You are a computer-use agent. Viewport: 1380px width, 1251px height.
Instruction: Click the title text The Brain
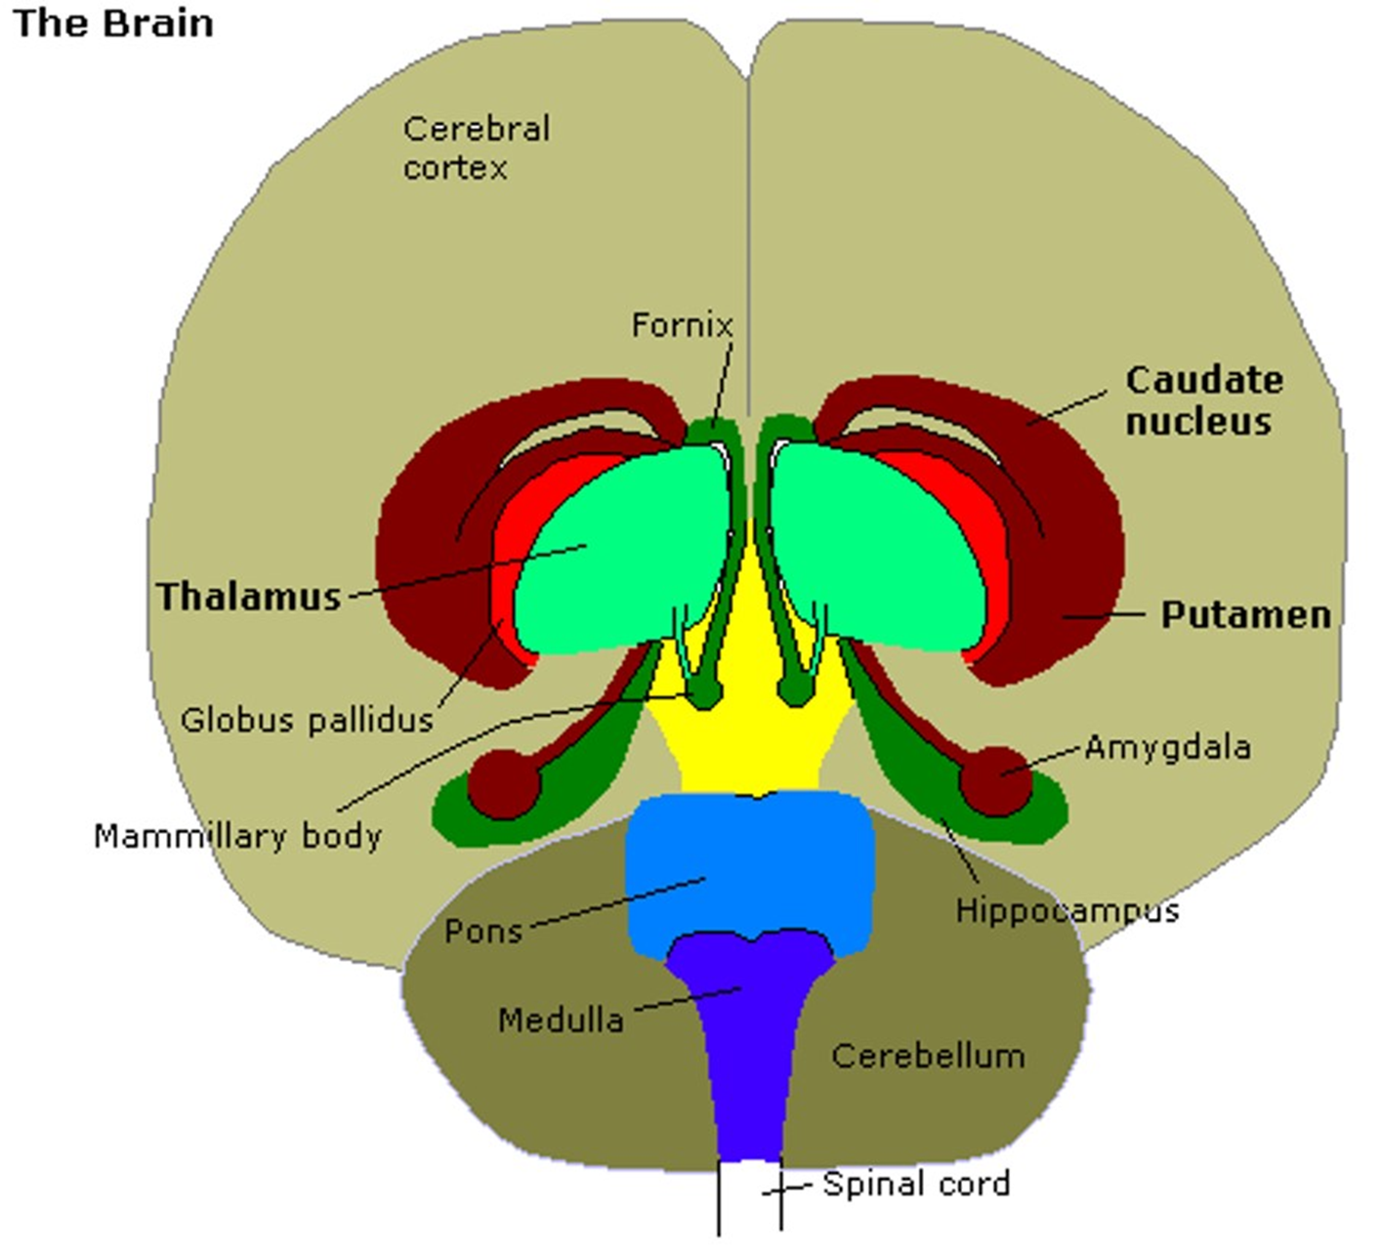coord(113,23)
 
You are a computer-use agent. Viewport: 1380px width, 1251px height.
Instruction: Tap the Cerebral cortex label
coord(477,147)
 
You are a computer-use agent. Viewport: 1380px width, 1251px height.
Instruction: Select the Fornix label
coord(682,325)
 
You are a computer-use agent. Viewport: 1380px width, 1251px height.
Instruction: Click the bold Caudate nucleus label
coord(1203,400)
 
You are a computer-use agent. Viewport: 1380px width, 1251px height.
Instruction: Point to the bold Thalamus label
coord(249,597)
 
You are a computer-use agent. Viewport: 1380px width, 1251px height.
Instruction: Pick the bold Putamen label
coord(1245,615)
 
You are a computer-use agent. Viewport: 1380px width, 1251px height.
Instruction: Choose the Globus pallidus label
coord(307,721)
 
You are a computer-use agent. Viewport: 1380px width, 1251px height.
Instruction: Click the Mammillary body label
coord(237,836)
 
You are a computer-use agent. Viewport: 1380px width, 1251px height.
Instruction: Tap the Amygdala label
coord(1167,748)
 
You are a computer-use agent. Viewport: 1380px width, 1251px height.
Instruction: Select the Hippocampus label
coord(1066,910)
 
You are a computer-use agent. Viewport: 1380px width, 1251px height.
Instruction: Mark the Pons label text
coord(483,931)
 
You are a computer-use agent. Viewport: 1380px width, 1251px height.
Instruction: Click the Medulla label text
coord(561,1021)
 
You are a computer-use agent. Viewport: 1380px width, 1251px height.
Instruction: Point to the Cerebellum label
coord(928,1056)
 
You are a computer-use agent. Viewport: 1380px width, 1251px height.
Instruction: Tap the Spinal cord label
coord(916,1185)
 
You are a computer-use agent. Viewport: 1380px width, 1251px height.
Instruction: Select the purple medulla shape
coord(750,1045)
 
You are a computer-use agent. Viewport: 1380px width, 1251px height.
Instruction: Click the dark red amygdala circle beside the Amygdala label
coord(994,781)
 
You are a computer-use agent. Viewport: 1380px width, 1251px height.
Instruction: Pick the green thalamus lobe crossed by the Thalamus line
coord(625,547)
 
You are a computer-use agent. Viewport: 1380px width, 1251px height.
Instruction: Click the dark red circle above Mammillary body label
coord(504,783)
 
